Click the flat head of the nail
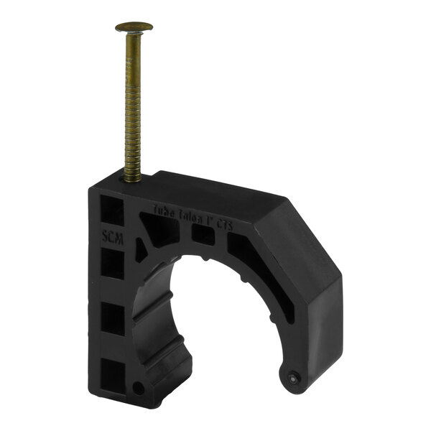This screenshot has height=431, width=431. [134, 27]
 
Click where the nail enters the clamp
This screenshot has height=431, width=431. [131, 180]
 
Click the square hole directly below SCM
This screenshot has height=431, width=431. [113, 265]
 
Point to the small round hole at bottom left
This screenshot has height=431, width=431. [138, 389]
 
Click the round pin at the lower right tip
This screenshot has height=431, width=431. [293, 376]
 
